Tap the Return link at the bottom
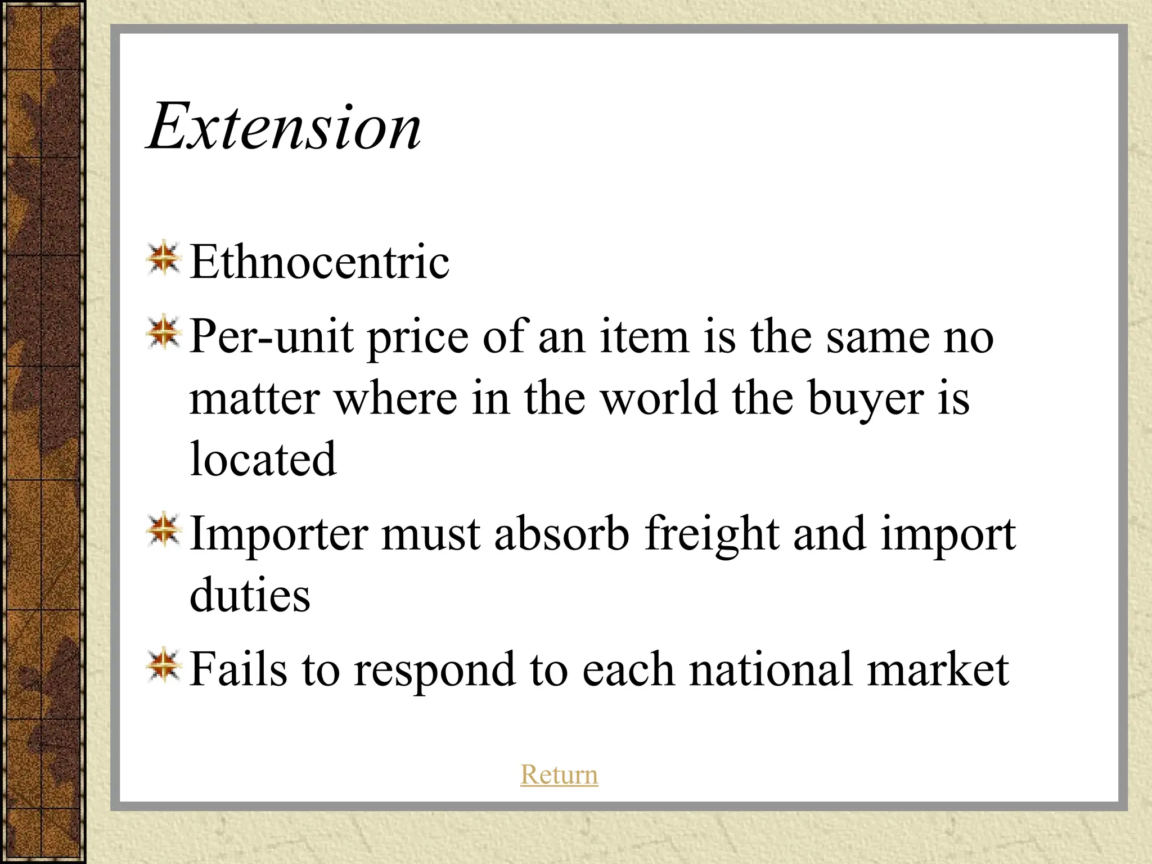[x=559, y=775]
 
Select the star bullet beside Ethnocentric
[x=164, y=258]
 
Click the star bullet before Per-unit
[x=164, y=332]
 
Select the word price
[x=418, y=338]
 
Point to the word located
[x=263, y=459]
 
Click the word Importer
[x=279, y=534]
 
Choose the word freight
[x=712, y=535]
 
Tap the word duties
[x=250, y=595]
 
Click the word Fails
[x=238, y=669]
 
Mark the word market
[x=938, y=669]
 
